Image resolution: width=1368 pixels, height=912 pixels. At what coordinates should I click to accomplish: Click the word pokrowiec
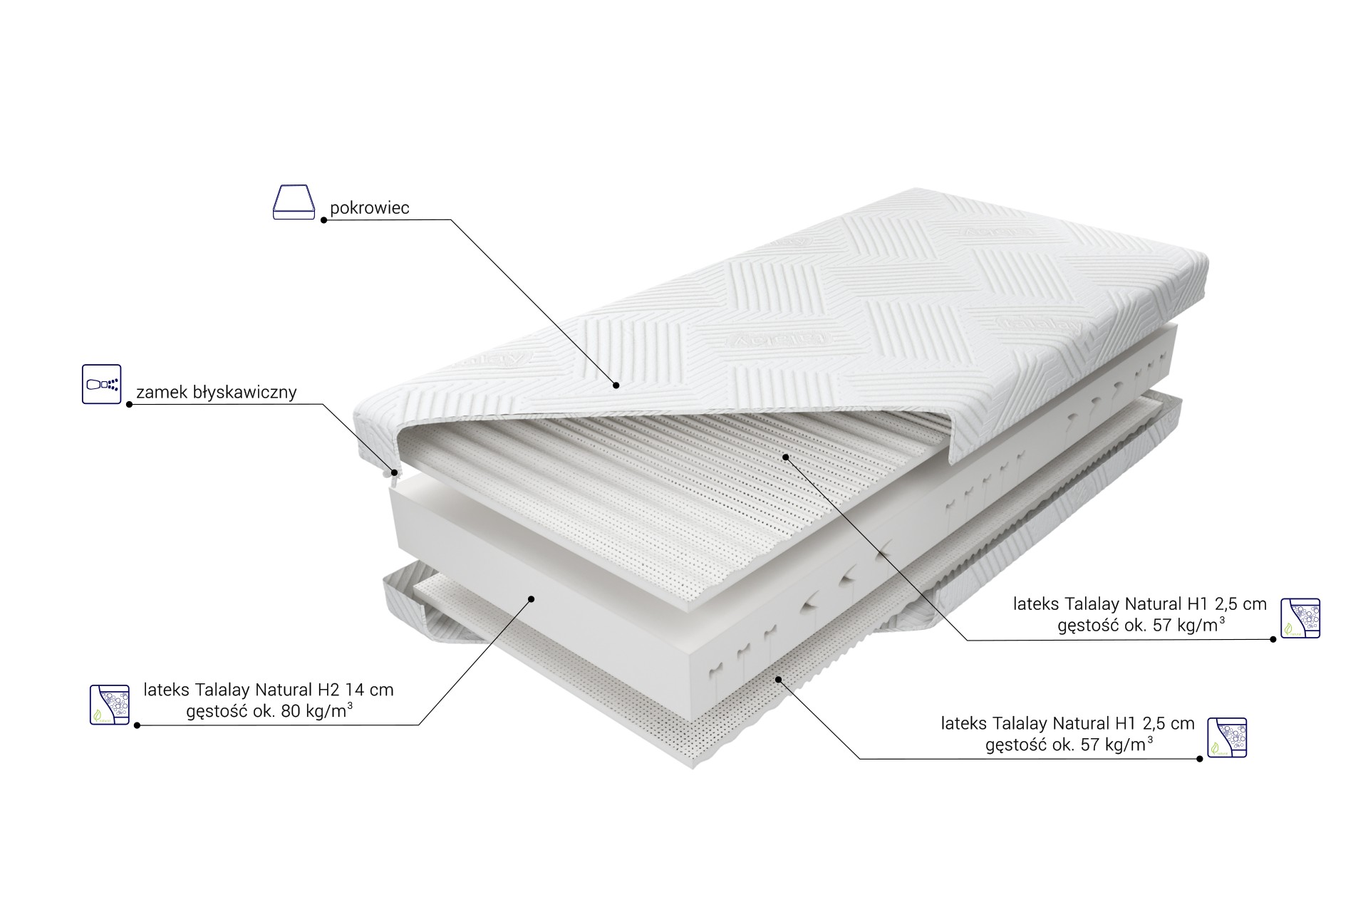369,208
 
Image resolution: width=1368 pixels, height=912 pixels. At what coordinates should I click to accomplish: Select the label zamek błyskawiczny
216,392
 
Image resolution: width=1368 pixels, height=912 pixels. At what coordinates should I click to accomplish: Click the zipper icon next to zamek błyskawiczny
102,384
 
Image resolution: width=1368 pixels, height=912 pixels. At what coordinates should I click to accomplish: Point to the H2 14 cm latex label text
269,690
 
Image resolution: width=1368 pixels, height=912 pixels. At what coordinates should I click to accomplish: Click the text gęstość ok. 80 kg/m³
269,712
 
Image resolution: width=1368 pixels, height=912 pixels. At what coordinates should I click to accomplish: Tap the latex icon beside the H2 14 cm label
110,705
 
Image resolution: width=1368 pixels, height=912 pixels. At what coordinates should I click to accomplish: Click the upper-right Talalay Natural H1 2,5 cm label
1140,604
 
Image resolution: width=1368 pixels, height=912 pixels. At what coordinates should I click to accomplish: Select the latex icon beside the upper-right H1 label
1300,618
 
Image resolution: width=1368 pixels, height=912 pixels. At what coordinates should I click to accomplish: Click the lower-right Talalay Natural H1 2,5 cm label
1067,723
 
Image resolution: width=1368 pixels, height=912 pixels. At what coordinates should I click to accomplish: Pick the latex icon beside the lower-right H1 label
1227,737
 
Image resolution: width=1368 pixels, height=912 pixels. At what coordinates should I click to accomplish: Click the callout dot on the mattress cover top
616,385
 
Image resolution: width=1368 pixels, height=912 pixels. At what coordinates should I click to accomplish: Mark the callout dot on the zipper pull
395,472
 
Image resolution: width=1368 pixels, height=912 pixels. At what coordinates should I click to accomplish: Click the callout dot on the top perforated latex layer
784,457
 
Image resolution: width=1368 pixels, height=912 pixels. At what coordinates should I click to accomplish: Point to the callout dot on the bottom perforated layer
779,679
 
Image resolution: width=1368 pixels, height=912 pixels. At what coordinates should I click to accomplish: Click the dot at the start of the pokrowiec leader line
323,220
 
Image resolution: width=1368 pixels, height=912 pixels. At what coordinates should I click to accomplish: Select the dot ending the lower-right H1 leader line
1200,759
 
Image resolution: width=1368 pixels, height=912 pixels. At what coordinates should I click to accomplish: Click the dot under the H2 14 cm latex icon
136,725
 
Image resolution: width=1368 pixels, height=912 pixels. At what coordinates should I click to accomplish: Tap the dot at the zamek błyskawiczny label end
129,405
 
